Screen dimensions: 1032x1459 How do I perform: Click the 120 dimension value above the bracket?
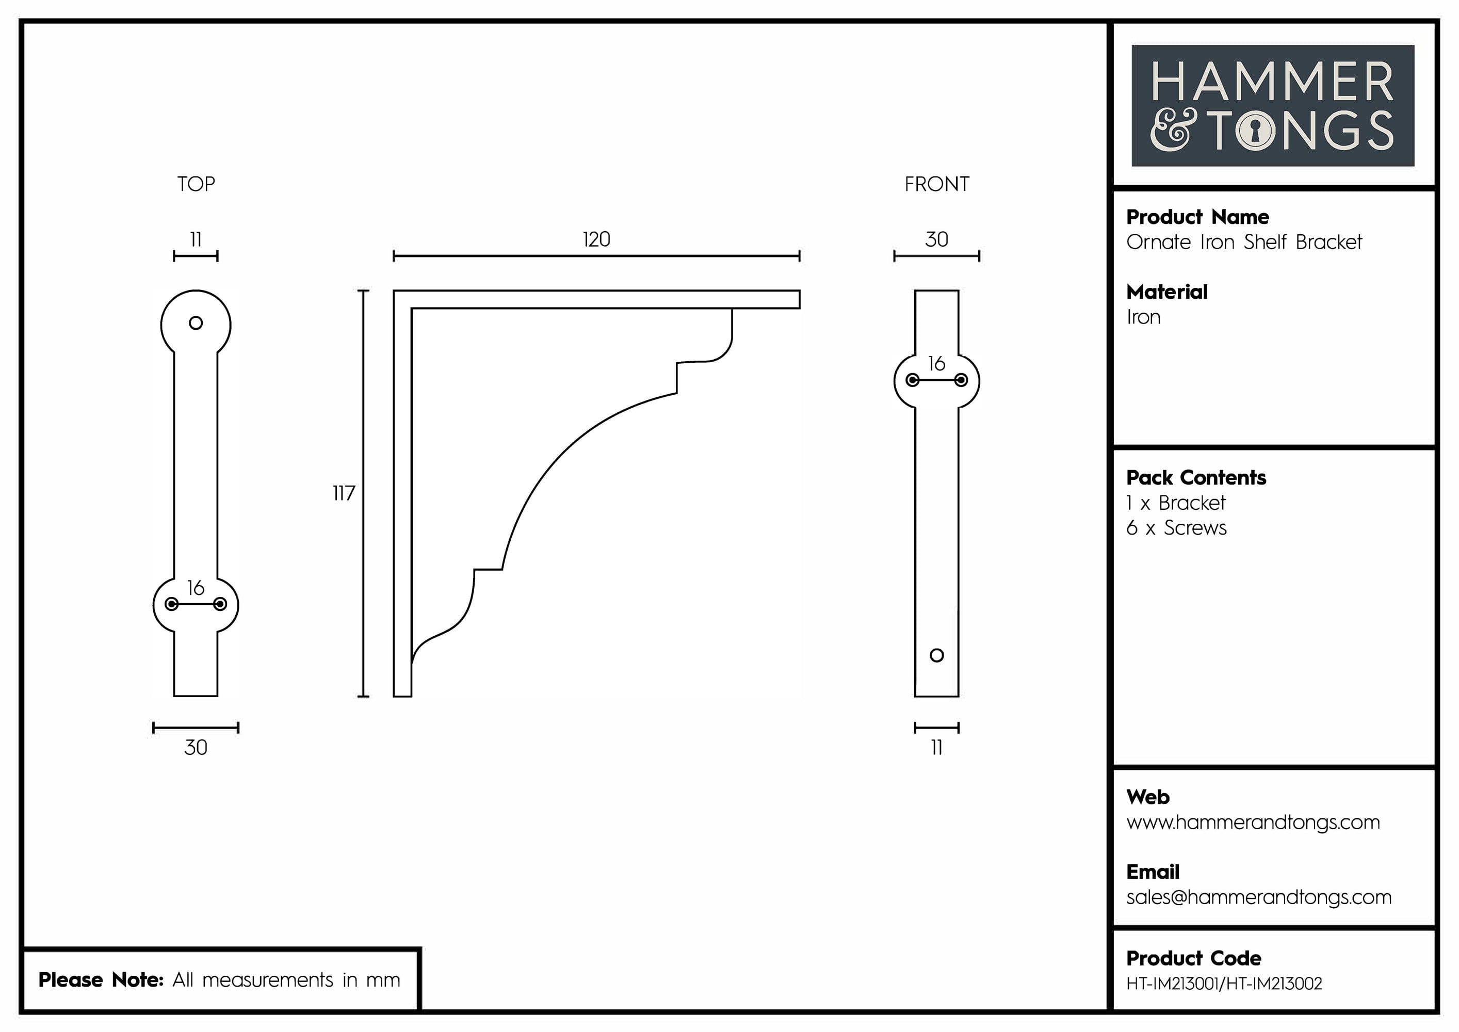(596, 239)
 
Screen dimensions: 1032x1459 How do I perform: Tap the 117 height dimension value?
(344, 493)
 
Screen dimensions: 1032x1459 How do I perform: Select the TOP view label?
(196, 184)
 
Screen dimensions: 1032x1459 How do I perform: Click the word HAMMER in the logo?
(1272, 82)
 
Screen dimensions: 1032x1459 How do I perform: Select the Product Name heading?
(1197, 217)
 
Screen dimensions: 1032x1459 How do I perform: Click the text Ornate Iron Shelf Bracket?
(1243, 242)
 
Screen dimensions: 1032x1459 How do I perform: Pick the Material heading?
(1166, 293)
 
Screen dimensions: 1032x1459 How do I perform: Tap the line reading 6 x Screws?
(1176, 528)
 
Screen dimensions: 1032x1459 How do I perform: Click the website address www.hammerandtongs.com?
(1253, 823)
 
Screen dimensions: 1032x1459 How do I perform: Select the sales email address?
(1258, 897)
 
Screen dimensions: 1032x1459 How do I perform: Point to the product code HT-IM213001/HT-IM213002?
(1224, 983)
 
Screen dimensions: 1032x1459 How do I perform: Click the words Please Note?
(101, 980)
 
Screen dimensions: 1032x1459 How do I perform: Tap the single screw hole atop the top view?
(196, 323)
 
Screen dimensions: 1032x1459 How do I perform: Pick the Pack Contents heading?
(1196, 478)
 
